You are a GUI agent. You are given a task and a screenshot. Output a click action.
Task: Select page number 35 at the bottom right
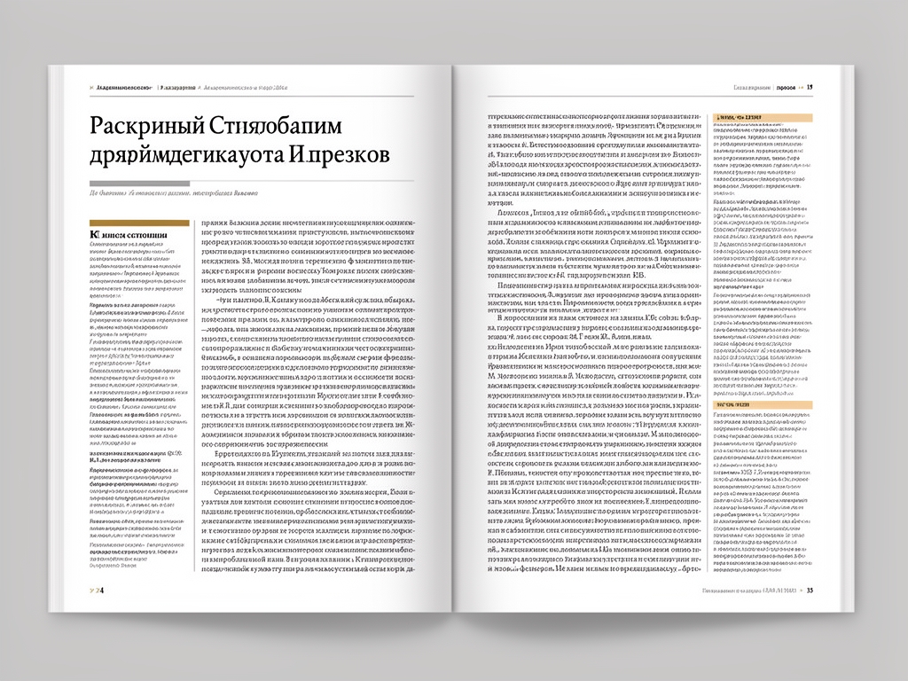coord(810,589)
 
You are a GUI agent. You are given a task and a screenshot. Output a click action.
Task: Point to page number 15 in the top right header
coord(810,88)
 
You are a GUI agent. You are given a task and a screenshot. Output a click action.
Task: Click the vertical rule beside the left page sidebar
coord(195,399)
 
